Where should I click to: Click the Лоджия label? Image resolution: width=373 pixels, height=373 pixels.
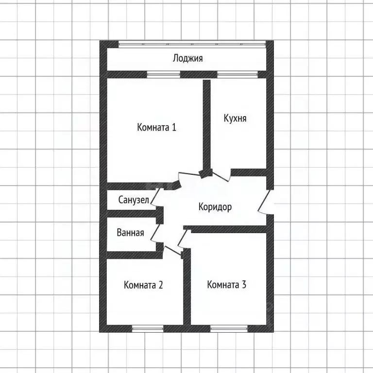point(187,58)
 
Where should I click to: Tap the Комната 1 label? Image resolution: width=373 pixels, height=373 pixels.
point(157,127)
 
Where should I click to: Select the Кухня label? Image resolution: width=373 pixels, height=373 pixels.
point(235,118)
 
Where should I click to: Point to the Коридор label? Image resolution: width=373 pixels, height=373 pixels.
point(215,207)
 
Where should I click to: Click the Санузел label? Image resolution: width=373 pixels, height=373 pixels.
point(134,200)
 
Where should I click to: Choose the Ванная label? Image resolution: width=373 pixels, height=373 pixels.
point(130,233)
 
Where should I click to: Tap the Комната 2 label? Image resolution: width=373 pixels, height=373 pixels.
point(143,285)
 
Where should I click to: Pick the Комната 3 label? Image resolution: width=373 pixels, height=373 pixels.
point(227,285)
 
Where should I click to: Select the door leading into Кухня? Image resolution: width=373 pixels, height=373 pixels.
point(222,176)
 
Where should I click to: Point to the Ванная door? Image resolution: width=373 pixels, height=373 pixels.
point(156,234)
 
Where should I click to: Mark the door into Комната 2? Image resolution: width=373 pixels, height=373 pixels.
point(172,251)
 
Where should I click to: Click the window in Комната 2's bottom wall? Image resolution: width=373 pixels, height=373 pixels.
point(148,329)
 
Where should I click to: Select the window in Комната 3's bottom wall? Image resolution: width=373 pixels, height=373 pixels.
point(229,329)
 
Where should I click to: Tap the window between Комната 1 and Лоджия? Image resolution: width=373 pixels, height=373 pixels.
point(163,74)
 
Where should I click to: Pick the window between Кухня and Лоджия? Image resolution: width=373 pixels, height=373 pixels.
point(237,74)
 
